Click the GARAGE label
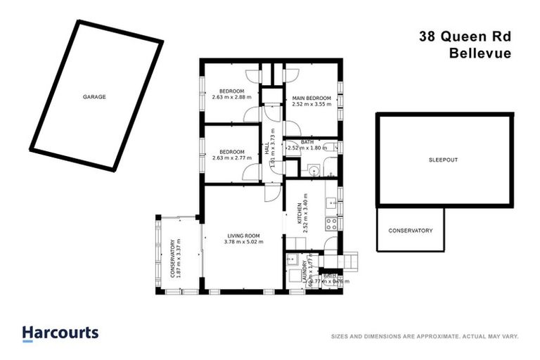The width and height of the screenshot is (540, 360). (x=94, y=96)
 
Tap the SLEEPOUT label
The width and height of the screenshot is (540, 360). (x=443, y=160)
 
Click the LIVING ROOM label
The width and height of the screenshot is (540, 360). (x=243, y=236)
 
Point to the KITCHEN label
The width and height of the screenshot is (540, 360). (x=299, y=212)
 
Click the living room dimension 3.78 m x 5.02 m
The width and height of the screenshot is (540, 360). (x=243, y=243)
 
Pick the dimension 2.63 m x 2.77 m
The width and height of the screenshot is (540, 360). (x=231, y=158)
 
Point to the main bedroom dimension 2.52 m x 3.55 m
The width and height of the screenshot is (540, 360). (x=311, y=104)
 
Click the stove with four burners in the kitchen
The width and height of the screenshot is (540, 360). (x=330, y=224)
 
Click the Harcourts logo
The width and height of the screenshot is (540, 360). (x=60, y=333)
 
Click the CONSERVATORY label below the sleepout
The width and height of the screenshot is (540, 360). (x=411, y=231)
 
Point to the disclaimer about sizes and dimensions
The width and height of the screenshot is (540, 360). (x=424, y=337)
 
